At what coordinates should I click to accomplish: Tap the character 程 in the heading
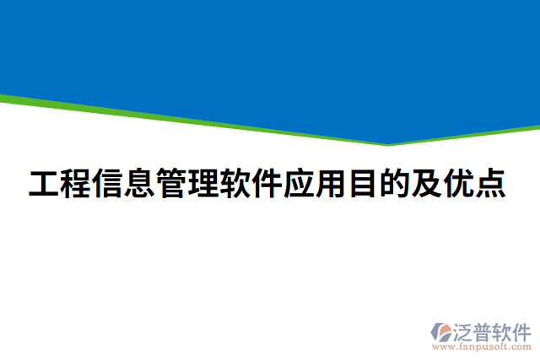point(77,183)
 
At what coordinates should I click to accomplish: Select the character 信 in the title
point(109,183)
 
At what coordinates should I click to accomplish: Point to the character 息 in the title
point(140,183)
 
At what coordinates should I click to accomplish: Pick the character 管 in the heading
point(172,183)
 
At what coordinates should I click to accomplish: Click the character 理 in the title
point(204,183)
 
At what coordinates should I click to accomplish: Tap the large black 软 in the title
point(235,183)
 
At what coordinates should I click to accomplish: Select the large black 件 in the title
point(267,183)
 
